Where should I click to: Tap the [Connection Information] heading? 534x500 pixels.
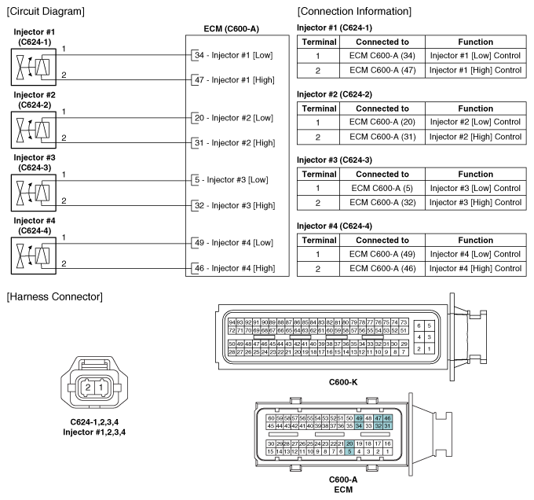pos(354,11)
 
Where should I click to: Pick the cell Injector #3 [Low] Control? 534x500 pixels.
pos(475,188)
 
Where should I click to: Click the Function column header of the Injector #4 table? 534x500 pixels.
pos(475,240)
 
